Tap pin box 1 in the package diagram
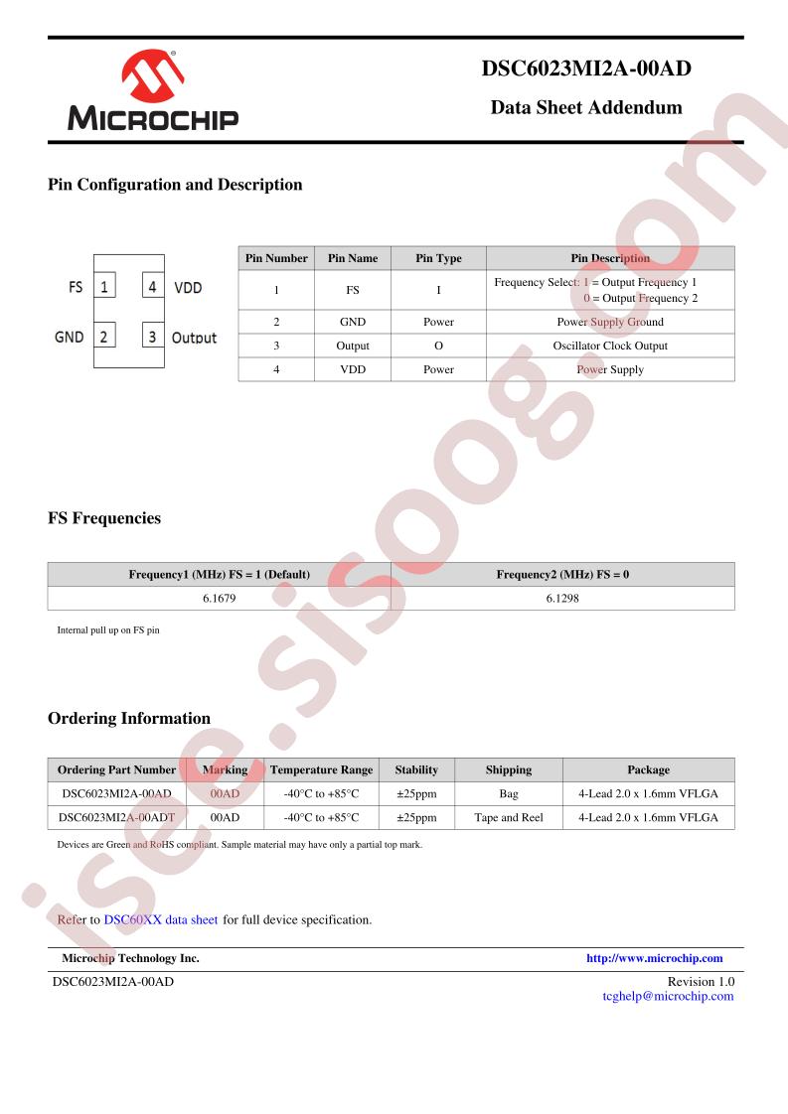click(104, 288)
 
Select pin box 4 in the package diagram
click(152, 288)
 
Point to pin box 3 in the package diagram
click(152, 337)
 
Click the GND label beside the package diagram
click(69, 337)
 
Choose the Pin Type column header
click(438, 258)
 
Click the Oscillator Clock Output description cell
click(610, 346)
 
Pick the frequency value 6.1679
click(219, 599)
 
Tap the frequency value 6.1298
click(562, 599)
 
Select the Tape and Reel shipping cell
click(509, 817)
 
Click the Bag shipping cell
click(509, 793)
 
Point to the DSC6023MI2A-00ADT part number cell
click(116, 817)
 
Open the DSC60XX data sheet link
click(161, 919)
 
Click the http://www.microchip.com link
click(655, 958)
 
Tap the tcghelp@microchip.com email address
click(668, 996)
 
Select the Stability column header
click(416, 769)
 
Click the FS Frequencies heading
click(104, 518)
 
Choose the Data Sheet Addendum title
click(586, 107)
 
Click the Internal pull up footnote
click(108, 630)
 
